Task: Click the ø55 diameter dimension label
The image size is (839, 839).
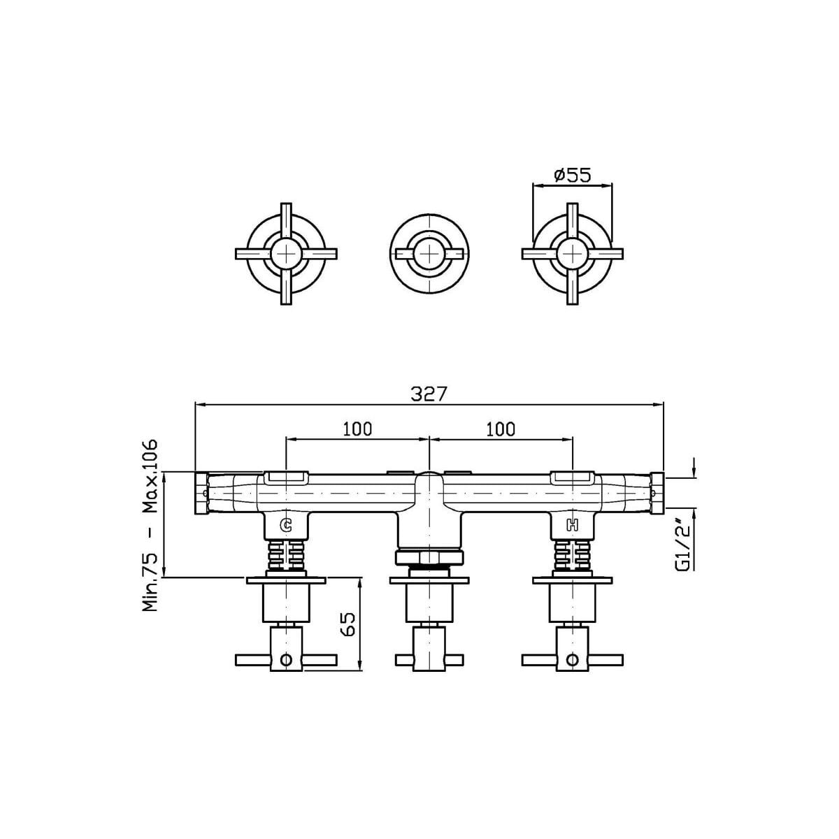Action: point(573,175)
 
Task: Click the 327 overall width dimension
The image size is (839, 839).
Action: point(429,394)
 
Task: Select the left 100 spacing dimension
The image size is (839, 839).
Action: point(357,429)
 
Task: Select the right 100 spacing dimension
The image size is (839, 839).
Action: point(501,429)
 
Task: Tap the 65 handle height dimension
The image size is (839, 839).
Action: point(348,625)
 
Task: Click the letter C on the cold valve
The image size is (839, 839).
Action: point(286,526)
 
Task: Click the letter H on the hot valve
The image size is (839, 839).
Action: point(572,526)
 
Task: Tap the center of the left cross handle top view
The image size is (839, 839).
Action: point(286,254)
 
